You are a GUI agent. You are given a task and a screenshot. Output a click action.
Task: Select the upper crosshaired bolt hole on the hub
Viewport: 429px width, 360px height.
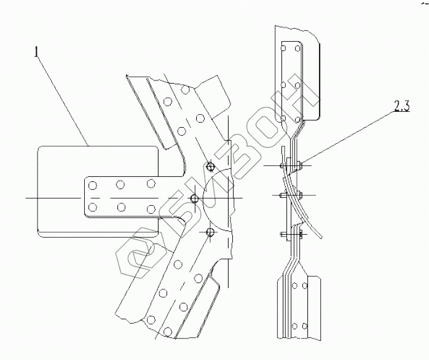[x=210, y=166]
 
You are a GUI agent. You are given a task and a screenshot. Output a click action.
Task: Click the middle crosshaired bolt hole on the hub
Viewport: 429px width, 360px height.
[x=194, y=198]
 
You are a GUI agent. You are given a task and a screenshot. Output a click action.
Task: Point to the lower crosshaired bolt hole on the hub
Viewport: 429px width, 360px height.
[x=210, y=232]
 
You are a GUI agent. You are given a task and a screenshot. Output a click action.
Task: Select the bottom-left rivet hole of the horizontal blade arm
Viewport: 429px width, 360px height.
[x=92, y=206]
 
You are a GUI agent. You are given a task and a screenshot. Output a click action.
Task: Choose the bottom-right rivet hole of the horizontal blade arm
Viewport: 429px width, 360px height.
[x=150, y=206]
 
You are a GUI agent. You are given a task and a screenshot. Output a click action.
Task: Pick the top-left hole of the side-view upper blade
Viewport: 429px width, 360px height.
[x=283, y=47]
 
